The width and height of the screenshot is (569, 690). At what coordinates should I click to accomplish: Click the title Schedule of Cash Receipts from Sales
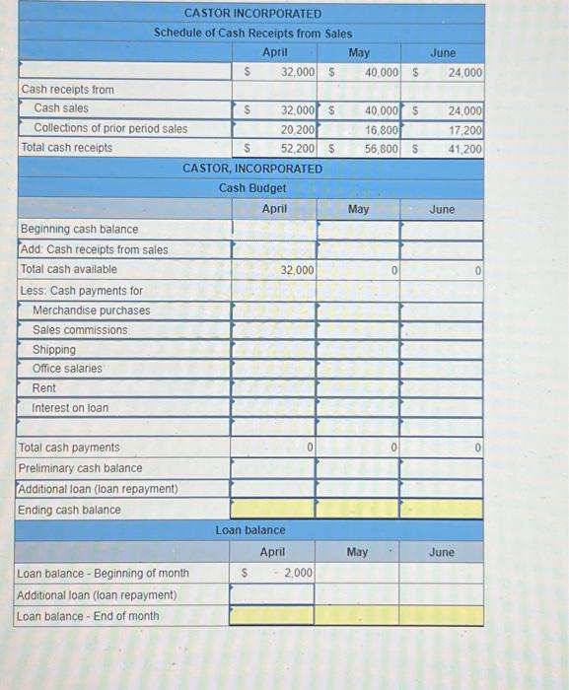tap(252, 33)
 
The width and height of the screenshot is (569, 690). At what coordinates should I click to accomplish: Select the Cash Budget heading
tap(252, 187)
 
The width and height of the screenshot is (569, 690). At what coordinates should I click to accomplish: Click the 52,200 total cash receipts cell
tap(297, 149)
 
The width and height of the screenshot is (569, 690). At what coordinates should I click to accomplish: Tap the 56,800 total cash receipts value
tap(381, 149)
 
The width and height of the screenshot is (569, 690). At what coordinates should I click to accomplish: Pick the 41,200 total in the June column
tap(464, 149)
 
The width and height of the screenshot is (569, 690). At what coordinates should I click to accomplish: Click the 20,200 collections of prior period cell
tap(297, 128)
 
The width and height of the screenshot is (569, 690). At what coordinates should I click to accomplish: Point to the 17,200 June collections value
tap(464, 128)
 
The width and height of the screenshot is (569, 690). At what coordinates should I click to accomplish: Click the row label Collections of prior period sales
tap(110, 128)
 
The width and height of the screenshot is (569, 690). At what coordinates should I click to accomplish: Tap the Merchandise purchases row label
tap(92, 310)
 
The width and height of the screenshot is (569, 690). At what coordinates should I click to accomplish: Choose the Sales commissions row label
tap(80, 329)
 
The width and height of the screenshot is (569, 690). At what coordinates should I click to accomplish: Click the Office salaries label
tap(67, 368)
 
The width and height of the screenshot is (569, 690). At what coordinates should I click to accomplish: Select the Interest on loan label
tap(70, 407)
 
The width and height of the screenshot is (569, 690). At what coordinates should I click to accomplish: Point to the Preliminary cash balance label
tap(81, 467)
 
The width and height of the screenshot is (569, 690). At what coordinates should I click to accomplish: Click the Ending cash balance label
tap(70, 509)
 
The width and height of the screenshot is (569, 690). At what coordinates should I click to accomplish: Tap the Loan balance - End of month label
tap(88, 616)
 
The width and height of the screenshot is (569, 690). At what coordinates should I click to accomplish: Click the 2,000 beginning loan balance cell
tap(297, 573)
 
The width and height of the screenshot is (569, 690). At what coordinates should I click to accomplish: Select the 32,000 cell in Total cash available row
tap(297, 269)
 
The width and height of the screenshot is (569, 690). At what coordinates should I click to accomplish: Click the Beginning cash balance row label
tap(80, 229)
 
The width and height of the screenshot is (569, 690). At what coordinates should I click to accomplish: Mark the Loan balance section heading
tap(250, 530)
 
